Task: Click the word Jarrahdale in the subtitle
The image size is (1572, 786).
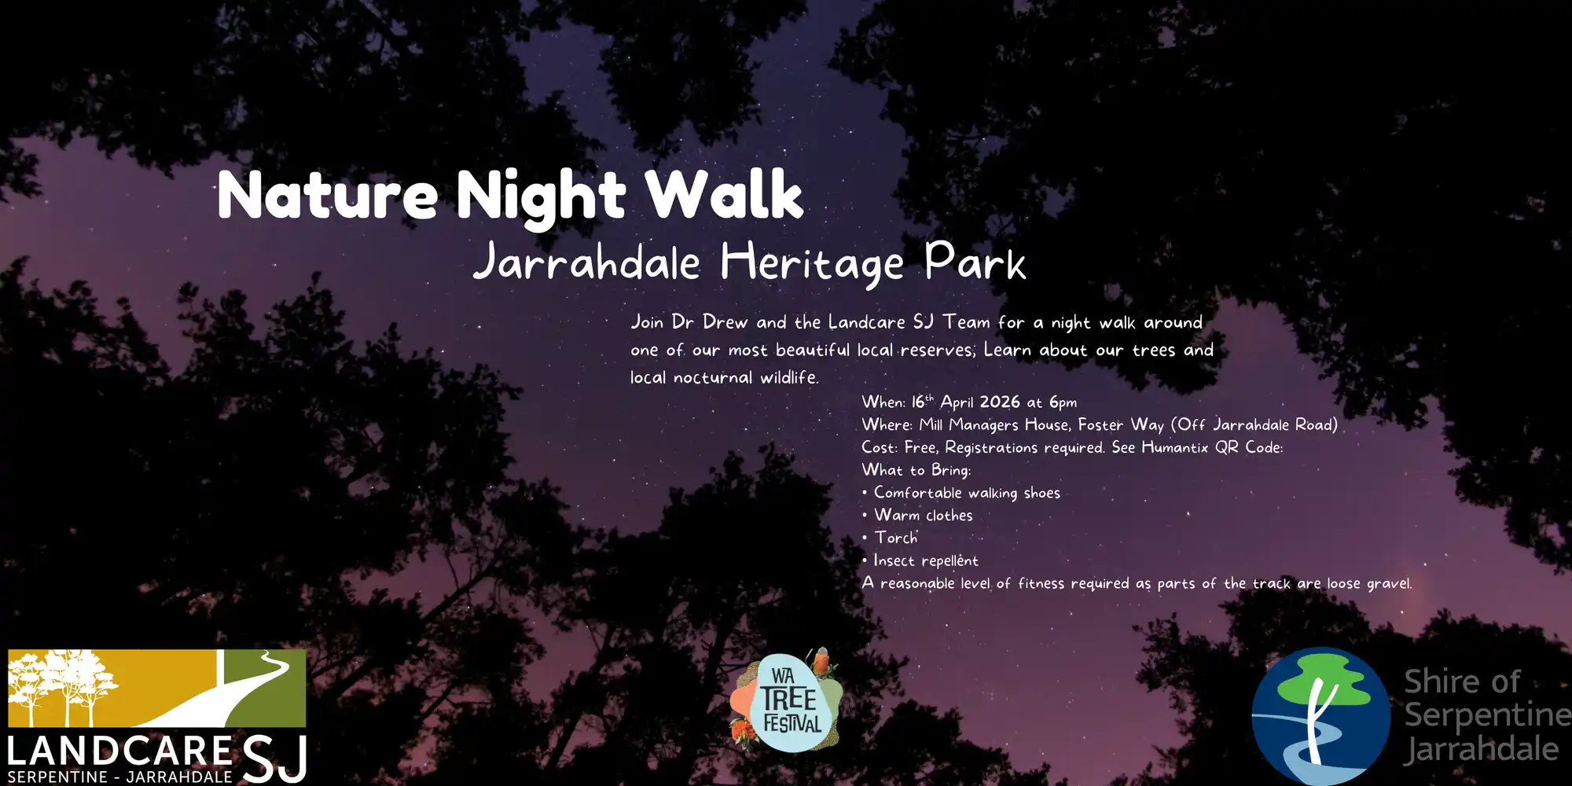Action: (x=586, y=262)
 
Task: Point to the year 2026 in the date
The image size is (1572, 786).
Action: (x=1000, y=402)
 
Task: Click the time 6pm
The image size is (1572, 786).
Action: (x=1063, y=403)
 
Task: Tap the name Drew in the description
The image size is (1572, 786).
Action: (x=725, y=322)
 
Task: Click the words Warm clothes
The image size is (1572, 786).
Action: (x=924, y=515)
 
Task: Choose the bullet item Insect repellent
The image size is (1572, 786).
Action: (x=926, y=560)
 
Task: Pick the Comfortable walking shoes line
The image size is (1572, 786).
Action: (x=967, y=493)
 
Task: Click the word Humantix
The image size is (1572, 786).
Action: (x=1174, y=447)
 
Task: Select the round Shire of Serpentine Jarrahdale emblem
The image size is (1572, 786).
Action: (x=1320, y=716)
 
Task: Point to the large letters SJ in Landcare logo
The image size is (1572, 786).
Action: (x=274, y=758)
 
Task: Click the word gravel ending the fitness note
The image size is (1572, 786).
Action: (x=1389, y=584)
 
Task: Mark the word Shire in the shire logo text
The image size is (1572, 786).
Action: (x=1461, y=681)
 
